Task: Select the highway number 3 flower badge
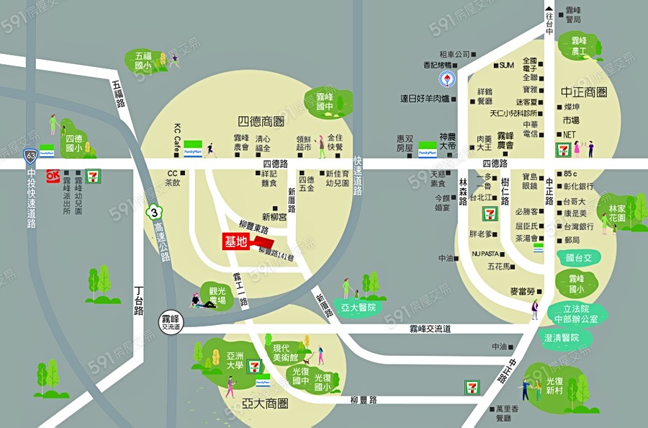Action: [153, 213]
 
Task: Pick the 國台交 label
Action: [579, 257]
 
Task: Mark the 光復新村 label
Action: [555, 385]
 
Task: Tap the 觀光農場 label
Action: [217, 295]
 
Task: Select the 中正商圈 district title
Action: [584, 92]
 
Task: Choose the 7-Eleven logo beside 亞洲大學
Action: [255, 366]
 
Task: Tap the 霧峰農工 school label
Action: [578, 46]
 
